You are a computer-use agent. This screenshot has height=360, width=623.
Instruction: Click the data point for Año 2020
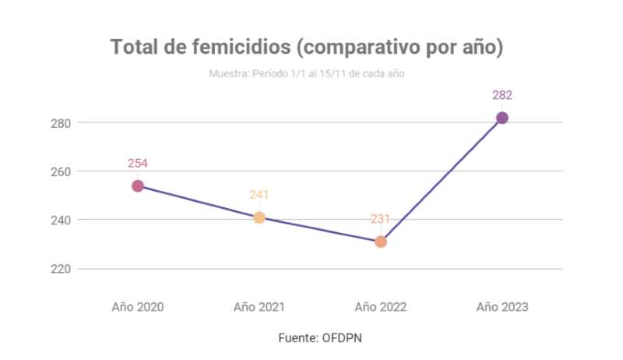pyautogui.click(x=138, y=185)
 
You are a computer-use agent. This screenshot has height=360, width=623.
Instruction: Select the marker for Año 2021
pyautogui.click(x=259, y=217)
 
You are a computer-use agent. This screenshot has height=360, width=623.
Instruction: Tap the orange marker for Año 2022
pyautogui.click(x=381, y=242)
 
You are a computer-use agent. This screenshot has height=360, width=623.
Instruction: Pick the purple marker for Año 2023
pyautogui.click(x=502, y=118)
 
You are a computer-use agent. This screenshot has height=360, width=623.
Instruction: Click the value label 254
pyautogui.click(x=138, y=163)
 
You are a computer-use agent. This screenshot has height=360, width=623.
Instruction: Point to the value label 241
pyautogui.click(x=259, y=195)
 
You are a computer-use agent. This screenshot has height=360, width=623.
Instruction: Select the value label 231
pyautogui.click(x=380, y=219)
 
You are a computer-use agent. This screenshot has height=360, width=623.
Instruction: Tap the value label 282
pyautogui.click(x=502, y=95)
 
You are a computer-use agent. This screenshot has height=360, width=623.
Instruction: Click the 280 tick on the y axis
pyautogui.click(x=62, y=123)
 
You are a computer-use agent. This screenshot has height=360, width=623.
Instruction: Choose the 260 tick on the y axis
pyautogui.click(x=62, y=171)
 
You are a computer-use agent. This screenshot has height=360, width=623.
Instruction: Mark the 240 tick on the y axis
pyautogui.click(x=62, y=220)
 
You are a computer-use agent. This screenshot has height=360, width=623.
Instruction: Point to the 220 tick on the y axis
pyautogui.click(x=62, y=269)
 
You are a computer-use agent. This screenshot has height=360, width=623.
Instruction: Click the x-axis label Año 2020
pyautogui.click(x=138, y=306)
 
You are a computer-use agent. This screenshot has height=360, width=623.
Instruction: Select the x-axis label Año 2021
pyautogui.click(x=259, y=306)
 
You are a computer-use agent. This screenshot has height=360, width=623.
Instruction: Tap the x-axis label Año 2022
pyautogui.click(x=381, y=306)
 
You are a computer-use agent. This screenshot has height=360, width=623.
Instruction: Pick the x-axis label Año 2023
pyautogui.click(x=502, y=306)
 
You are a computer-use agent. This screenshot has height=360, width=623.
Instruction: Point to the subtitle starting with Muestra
pyautogui.click(x=306, y=74)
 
